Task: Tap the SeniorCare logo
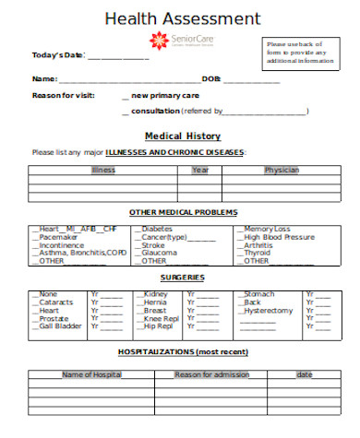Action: (183, 41)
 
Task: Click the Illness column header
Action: (103, 170)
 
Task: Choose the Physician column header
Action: (282, 170)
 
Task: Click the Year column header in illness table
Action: (200, 170)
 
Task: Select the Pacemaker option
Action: (58, 237)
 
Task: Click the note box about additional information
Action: (302, 53)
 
